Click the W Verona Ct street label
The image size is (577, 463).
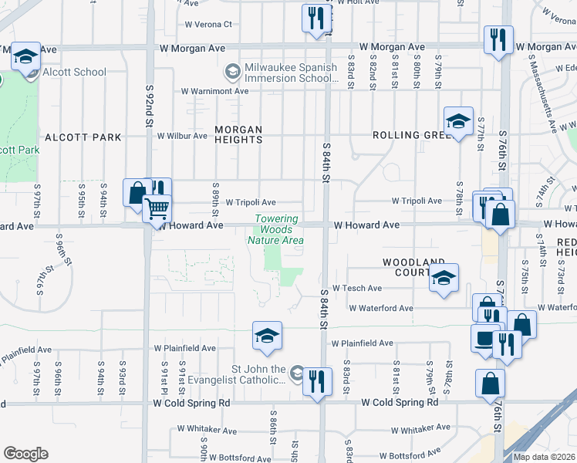[208, 24]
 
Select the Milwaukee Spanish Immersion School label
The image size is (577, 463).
[291, 73]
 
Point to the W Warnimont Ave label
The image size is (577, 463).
[214, 91]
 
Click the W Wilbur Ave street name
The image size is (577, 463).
[182, 136]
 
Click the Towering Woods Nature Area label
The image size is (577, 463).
[275, 229]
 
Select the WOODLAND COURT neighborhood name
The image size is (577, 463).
[407, 268]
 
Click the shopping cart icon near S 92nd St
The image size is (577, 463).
[157, 208]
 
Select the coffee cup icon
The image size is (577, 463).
[485, 338]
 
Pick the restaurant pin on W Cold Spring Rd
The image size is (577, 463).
[316, 381]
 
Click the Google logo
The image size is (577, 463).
[25, 454]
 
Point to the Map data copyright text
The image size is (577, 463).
[545, 457]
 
